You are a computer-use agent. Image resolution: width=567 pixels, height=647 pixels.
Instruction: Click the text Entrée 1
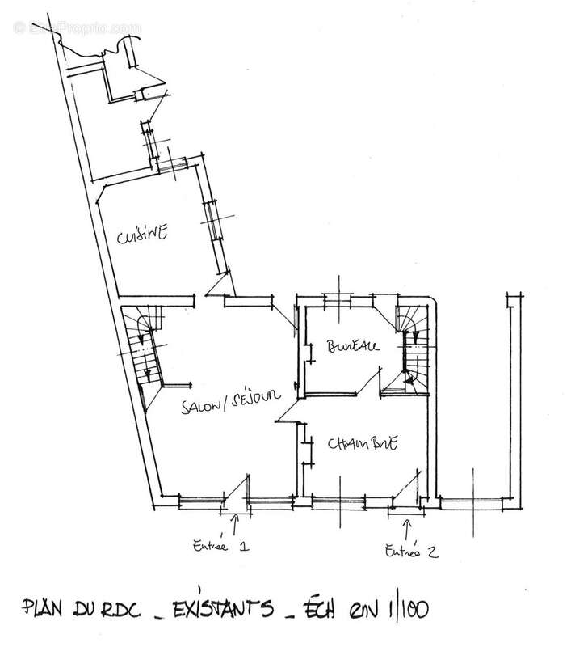pyautogui.click(x=218, y=544)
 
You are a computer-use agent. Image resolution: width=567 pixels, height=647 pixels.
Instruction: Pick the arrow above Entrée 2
pyautogui.click(x=406, y=529)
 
